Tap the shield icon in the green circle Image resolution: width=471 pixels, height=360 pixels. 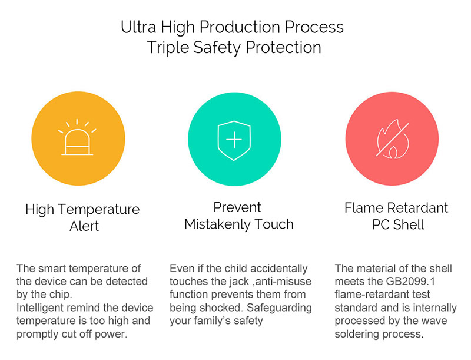(x=234, y=140)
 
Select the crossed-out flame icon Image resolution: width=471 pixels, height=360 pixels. (x=392, y=139)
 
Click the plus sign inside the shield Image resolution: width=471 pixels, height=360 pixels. (x=234, y=140)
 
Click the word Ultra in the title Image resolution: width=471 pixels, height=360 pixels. (x=138, y=27)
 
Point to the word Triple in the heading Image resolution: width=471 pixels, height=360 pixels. (x=168, y=48)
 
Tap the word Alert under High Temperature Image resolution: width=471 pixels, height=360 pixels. (x=84, y=226)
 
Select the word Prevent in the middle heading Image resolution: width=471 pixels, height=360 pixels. (x=237, y=207)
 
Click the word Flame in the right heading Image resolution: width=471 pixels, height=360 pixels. (x=364, y=207)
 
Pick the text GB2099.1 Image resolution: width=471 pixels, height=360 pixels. (x=410, y=282)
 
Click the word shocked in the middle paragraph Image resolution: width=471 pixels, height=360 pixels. (x=220, y=308)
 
